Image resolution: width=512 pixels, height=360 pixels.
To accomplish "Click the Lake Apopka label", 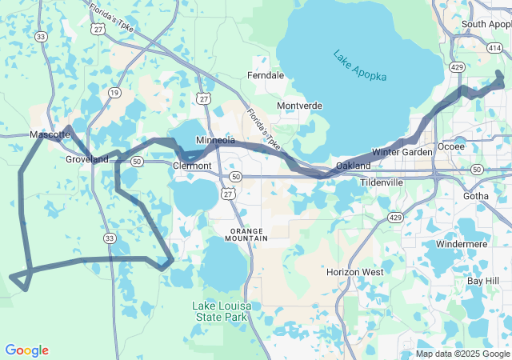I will pyautogui.click(x=360, y=66).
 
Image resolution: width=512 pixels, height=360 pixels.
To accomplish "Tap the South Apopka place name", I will pyautogui.click(x=486, y=24).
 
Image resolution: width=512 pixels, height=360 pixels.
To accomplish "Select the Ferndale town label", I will pyautogui.click(x=266, y=75).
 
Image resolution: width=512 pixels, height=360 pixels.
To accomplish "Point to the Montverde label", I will pyautogui.click(x=299, y=106).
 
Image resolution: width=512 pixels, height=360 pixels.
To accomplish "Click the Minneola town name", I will pyautogui.click(x=215, y=140).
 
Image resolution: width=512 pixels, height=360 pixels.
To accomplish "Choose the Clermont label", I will pyautogui.click(x=192, y=166).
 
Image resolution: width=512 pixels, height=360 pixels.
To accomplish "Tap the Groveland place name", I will pyautogui.click(x=86, y=159).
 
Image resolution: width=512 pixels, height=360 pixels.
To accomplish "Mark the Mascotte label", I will pyautogui.click(x=50, y=134).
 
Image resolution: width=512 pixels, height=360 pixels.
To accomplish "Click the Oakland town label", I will pyautogui.click(x=353, y=166).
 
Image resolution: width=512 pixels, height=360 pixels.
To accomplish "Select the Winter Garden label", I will pyautogui.click(x=402, y=152).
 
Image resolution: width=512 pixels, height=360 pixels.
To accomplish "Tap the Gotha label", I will pyautogui.click(x=475, y=195).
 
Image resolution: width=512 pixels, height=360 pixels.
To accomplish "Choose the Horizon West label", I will pyautogui.click(x=354, y=272).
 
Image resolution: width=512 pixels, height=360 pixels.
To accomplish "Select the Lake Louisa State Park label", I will pyautogui.click(x=219, y=311).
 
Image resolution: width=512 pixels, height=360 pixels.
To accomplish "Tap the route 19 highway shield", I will pyautogui.click(x=114, y=93).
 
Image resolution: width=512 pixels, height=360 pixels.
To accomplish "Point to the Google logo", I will pyautogui.click(x=26, y=350).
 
